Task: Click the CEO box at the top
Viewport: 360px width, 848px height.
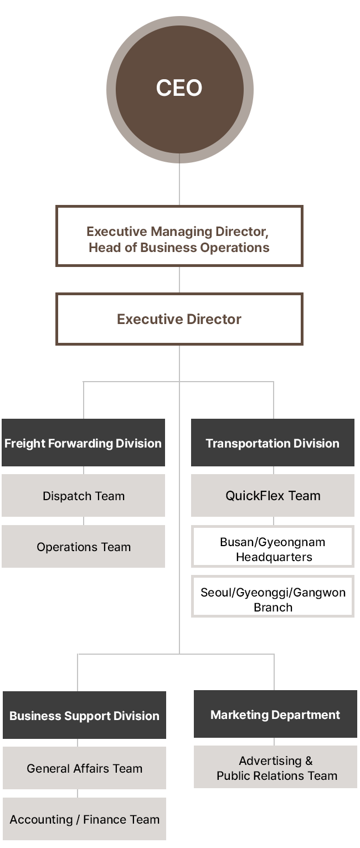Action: pos(179,89)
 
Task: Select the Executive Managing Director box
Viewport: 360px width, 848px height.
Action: pos(179,237)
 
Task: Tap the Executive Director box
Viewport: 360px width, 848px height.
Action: pos(179,319)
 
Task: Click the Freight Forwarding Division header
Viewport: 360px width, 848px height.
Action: pos(83,443)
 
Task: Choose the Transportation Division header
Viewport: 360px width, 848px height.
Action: pos(272,443)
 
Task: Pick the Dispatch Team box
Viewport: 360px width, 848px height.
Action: pos(83,496)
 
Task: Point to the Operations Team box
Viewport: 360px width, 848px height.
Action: pos(83,547)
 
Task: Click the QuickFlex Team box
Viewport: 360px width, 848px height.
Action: pos(272,496)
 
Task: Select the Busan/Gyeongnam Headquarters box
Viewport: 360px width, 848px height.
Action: pos(272,549)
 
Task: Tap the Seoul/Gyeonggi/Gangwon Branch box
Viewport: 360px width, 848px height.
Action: pos(272,599)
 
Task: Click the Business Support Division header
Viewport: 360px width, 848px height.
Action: pos(84,716)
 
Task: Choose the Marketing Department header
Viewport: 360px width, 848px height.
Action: pos(275,715)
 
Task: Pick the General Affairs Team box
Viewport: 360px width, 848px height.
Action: pos(84,768)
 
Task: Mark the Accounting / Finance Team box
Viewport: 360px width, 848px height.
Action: pos(84,819)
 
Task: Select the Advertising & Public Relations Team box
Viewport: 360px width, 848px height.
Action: pos(276,768)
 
